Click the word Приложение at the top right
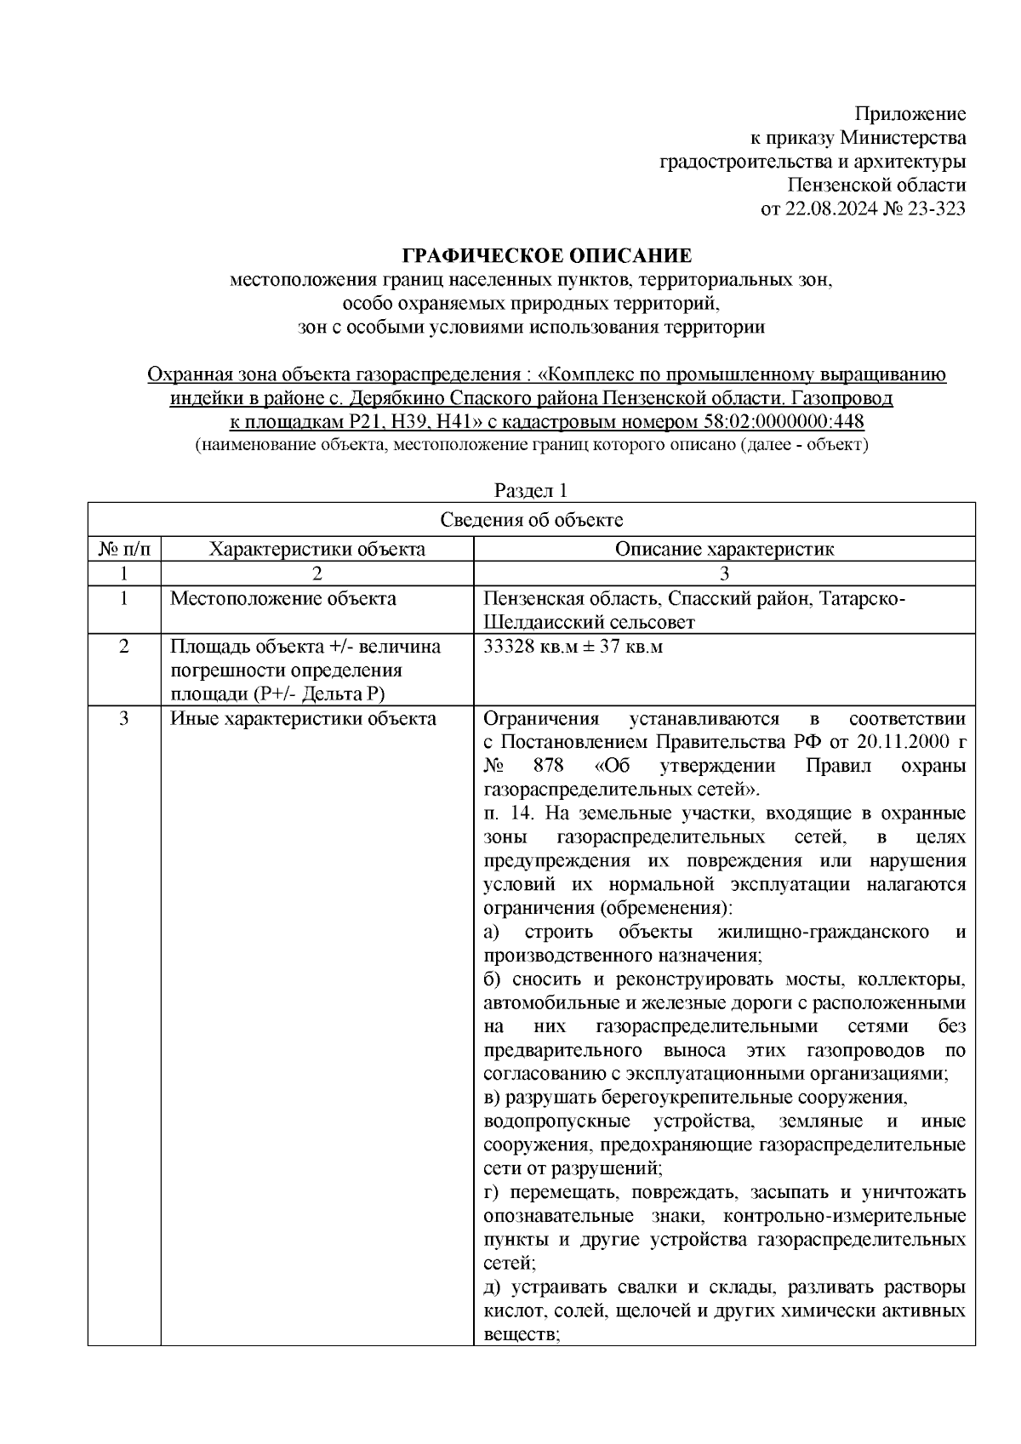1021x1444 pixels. pyautogui.click(x=910, y=114)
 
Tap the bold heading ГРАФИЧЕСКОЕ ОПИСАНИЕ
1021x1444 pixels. pyautogui.click(x=546, y=256)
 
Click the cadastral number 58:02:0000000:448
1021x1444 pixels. pyautogui.click(x=784, y=422)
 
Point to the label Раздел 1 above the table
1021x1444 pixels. pyautogui.click(x=531, y=491)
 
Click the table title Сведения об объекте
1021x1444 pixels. pyautogui.click(x=532, y=520)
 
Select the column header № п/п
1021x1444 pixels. pyautogui.click(x=124, y=549)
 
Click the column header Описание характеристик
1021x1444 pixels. pyautogui.click(x=724, y=549)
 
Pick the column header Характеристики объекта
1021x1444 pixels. pyautogui.click(x=317, y=549)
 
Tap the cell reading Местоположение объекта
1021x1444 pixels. pyautogui.click(x=283, y=598)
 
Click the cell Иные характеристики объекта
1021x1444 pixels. pyautogui.click(x=304, y=719)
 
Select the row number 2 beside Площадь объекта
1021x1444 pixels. pyautogui.click(x=124, y=647)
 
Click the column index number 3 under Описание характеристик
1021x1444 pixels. pyautogui.click(x=724, y=573)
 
